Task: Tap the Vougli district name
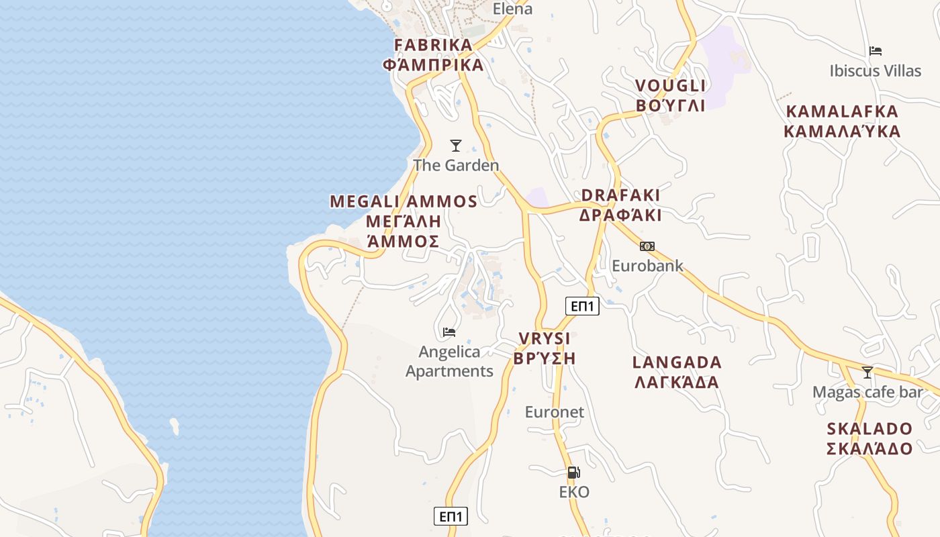pos(670,95)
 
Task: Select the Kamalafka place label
pos(842,121)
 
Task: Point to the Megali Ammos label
pos(404,221)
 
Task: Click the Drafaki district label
pos(620,205)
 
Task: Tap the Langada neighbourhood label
pos(677,372)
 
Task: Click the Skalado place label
pos(869,438)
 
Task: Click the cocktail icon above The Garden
pos(456,146)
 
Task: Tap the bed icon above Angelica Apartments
pos(449,332)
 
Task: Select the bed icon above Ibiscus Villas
pos(875,51)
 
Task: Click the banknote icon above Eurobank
pos(647,246)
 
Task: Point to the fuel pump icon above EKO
pos(573,473)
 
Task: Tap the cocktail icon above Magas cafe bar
pos(867,372)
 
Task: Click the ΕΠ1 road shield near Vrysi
pos(581,306)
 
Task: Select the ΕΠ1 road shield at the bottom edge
pos(451,516)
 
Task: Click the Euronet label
pos(555,412)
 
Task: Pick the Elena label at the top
pos(512,9)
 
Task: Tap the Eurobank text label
pos(647,266)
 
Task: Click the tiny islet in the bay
pos(175,426)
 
